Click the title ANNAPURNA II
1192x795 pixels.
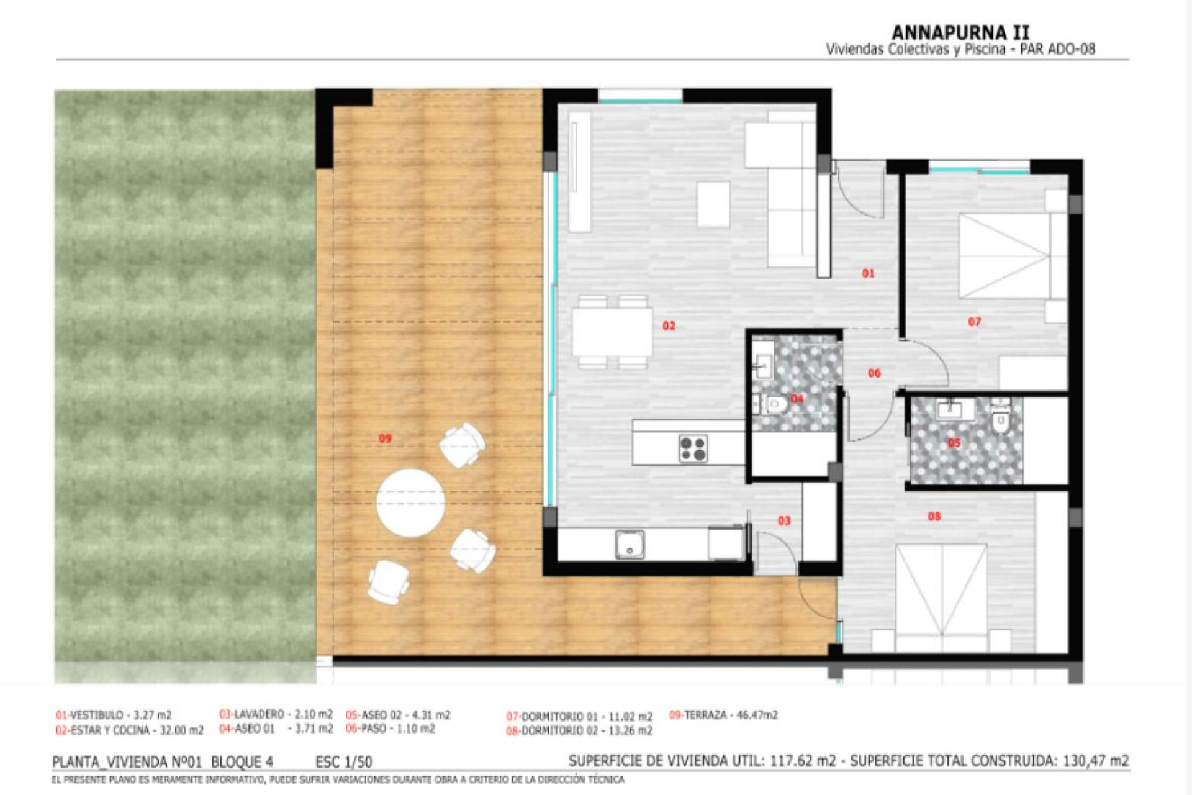click(x=960, y=32)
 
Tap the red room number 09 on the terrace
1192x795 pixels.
click(x=385, y=438)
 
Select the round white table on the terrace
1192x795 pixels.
click(x=410, y=502)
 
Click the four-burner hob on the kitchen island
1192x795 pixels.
click(x=693, y=448)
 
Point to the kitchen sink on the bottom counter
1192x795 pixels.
click(x=630, y=545)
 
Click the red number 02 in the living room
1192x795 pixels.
click(x=669, y=326)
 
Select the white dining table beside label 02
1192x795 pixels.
click(x=612, y=332)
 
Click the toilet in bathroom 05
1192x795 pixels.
click(x=1000, y=420)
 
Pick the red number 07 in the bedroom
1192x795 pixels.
click(x=974, y=322)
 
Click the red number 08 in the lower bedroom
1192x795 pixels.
click(x=934, y=516)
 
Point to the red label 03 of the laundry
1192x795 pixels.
click(x=784, y=520)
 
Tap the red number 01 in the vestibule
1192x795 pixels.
click(x=868, y=273)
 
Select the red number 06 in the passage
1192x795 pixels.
click(x=874, y=373)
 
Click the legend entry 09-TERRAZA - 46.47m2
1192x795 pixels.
click(x=723, y=715)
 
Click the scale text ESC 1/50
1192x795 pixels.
click(x=343, y=761)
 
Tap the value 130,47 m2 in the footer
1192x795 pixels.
click(x=1095, y=761)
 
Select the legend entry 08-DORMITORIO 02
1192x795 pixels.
click(x=579, y=731)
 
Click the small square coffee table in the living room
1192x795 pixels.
click(x=713, y=204)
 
